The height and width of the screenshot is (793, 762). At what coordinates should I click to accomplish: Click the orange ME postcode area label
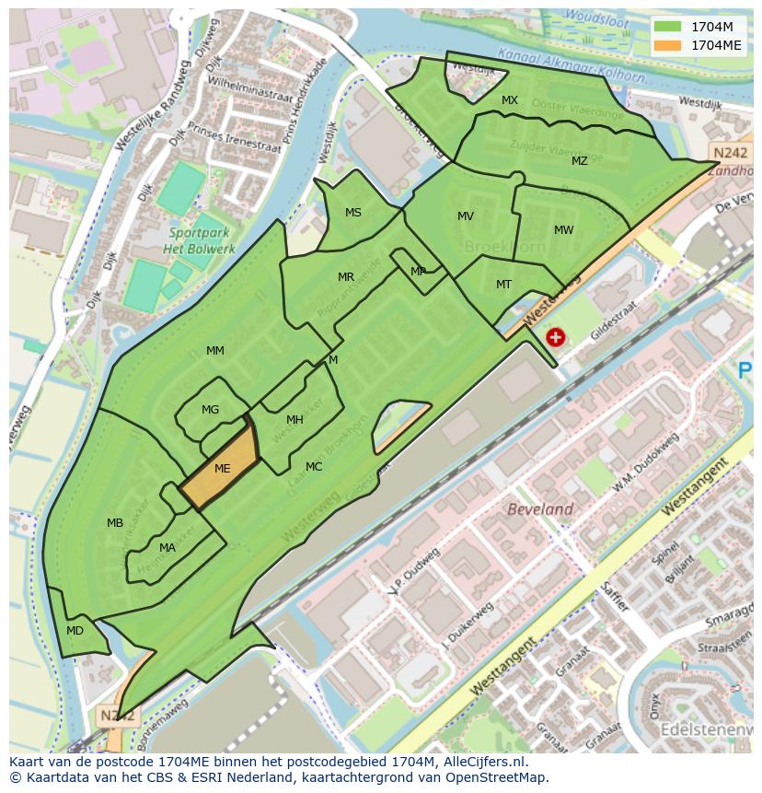222,468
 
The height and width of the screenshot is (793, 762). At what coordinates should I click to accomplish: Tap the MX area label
510,100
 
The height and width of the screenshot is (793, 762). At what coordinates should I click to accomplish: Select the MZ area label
579,161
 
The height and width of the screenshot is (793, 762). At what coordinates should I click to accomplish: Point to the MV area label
466,216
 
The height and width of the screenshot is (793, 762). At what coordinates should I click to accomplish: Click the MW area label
563,230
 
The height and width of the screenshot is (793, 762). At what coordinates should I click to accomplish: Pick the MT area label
503,285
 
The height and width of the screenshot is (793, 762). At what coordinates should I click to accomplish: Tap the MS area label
353,213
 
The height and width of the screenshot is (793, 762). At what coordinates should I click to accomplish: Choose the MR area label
346,277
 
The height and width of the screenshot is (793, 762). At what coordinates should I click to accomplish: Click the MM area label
215,351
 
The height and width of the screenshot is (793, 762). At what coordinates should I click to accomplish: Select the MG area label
211,410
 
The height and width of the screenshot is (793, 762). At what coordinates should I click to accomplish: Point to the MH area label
294,420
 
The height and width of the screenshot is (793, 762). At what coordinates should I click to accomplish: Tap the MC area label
314,467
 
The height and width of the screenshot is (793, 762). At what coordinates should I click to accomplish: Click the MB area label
115,523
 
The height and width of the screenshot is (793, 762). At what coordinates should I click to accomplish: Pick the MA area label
167,548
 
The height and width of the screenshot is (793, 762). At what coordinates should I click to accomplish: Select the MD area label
75,631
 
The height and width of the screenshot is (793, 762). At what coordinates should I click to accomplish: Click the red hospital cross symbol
555,338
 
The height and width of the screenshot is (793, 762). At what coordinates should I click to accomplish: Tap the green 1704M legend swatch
669,27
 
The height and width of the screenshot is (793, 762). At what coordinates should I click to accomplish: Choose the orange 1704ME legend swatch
669,44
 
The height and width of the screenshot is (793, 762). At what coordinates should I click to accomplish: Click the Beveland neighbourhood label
540,509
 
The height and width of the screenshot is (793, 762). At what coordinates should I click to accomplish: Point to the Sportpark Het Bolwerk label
199,240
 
